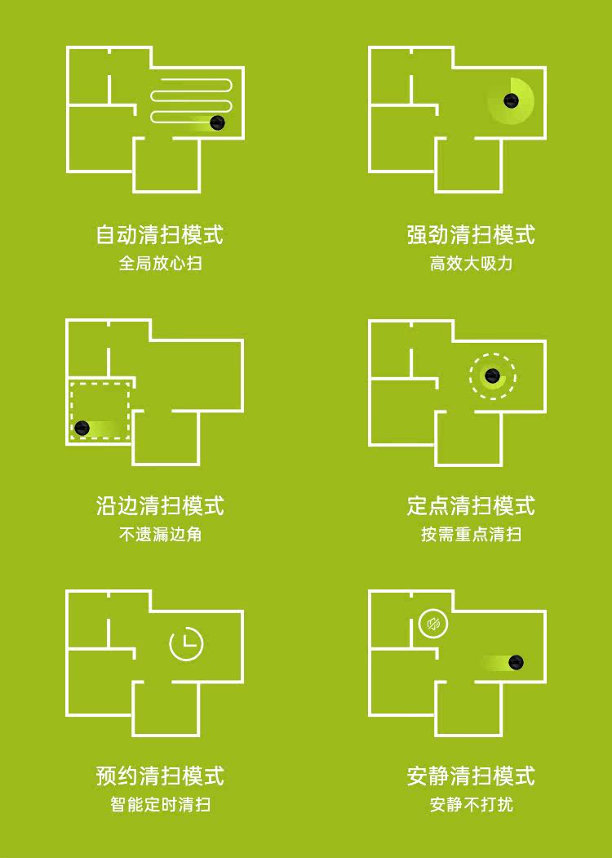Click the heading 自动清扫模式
tap(160, 235)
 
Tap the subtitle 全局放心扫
tap(160, 263)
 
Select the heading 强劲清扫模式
tap(470, 235)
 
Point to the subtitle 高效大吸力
tap(470, 263)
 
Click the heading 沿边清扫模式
tap(160, 505)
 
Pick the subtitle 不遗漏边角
tap(160, 534)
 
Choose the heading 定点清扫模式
tap(470, 505)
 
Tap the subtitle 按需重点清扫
tap(470, 534)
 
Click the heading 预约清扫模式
tap(160, 776)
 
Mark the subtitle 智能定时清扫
tap(160, 805)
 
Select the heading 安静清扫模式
tap(470, 776)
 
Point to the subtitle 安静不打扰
tap(470, 805)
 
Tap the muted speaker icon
tap(433, 624)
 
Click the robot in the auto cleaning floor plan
tap(217, 122)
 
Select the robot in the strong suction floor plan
tap(511, 100)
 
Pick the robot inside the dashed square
tap(82, 428)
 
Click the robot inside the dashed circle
tap(492, 376)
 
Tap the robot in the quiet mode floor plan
tap(516, 663)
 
